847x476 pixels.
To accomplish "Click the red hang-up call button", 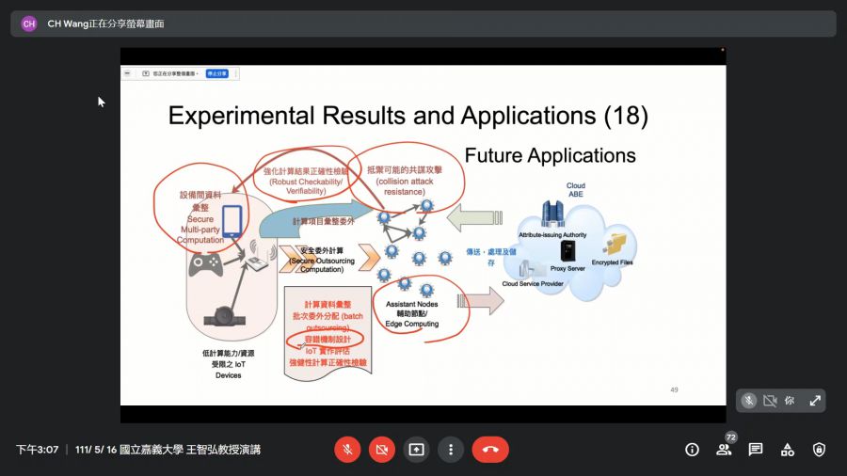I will tap(490, 450).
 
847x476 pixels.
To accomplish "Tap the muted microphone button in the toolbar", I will tap(347, 450).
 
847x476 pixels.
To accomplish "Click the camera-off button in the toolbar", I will tap(382, 450).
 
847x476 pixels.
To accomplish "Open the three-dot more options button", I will tap(451, 450).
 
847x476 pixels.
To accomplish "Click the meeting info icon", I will tap(692, 450).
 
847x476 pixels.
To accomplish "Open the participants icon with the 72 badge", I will tap(724, 450).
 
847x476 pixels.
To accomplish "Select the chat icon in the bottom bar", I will tap(756, 450).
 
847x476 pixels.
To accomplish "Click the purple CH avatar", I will tap(29, 24).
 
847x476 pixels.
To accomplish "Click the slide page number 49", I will tap(674, 389).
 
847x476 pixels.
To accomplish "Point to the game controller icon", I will tap(205, 265).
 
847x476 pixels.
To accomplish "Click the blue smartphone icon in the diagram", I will tap(232, 222).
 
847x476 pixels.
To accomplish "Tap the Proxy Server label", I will tap(567, 268).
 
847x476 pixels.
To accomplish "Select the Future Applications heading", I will tap(550, 155).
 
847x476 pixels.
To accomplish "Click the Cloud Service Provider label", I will tap(533, 283).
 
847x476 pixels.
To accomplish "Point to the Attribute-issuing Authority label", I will tap(554, 234).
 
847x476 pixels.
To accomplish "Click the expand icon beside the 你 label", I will tap(815, 401).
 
